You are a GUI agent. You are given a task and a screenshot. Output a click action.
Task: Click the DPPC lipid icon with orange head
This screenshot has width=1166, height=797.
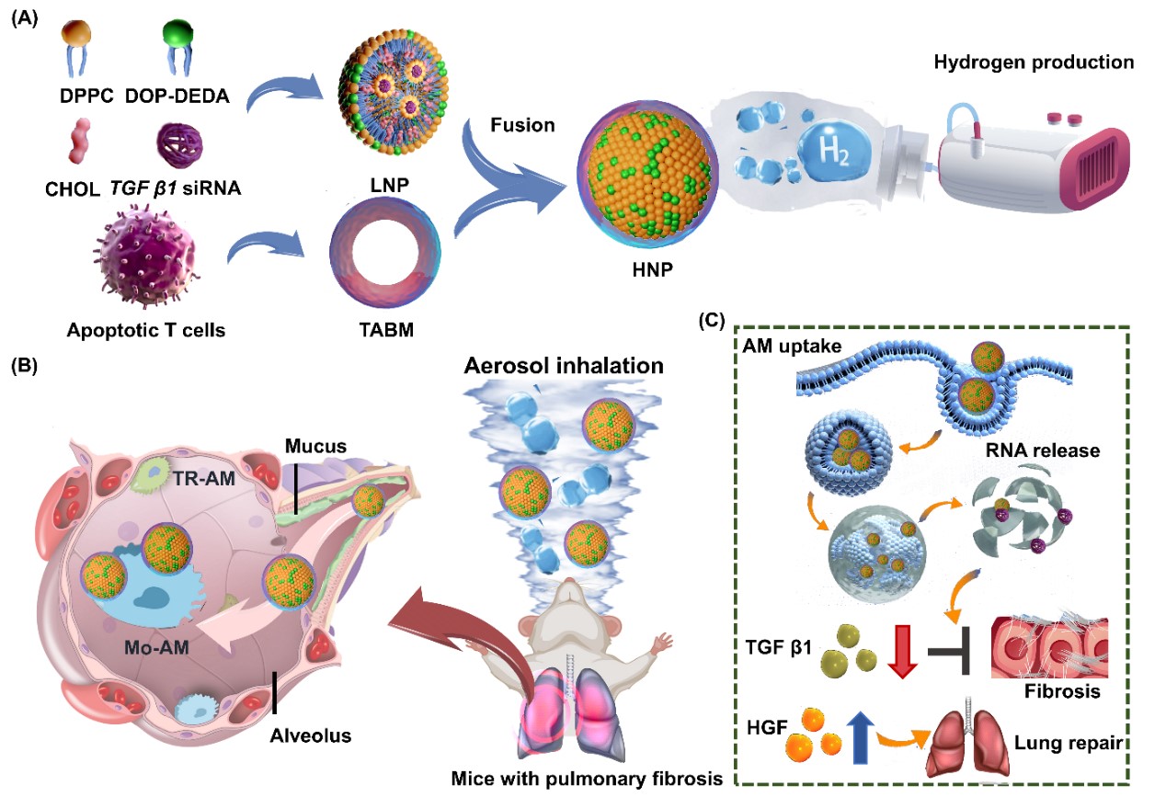pyautogui.click(x=76, y=46)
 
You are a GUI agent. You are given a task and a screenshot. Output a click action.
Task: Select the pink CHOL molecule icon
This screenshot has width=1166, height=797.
pyautogui.click(x=80, y=141)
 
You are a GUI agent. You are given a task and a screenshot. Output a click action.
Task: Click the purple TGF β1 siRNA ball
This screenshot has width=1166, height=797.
pyautogui.click(x=179, y=145)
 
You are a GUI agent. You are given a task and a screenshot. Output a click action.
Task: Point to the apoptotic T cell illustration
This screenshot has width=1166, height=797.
pyautogui.click(x=145, y=258)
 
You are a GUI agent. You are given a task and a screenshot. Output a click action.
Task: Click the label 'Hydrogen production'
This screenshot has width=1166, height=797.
pyautogui.click(x=1034, y=63)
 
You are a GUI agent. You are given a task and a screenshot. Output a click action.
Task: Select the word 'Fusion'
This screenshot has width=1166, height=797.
pyautogui.click(x=522, y=125)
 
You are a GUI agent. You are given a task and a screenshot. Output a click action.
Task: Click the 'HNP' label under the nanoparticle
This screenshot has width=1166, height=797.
pyautogui.click(x=653, y=269)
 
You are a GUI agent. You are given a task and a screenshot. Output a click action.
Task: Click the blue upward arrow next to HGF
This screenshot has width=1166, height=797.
pyautogui.click(x=861, y=737)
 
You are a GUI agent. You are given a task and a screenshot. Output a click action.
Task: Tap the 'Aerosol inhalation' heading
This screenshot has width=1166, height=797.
pyautogui.click(x=564, y=366)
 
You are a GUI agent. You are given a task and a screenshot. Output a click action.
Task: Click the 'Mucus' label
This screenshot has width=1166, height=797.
pyautogui.click(x=315, y=446)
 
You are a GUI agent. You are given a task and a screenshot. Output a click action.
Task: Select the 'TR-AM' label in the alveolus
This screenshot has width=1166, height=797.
pyautogui.click(x=204, y=478)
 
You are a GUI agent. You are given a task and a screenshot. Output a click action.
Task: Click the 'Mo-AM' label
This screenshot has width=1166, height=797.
pyautogui.click(x=156, y=647)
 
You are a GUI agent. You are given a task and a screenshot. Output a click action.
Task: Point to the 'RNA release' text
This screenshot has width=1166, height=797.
pyautogui.click(x=1043, y=450)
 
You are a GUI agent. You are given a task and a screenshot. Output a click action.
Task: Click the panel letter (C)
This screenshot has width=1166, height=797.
pyautogui.click(x=711, y=321)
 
